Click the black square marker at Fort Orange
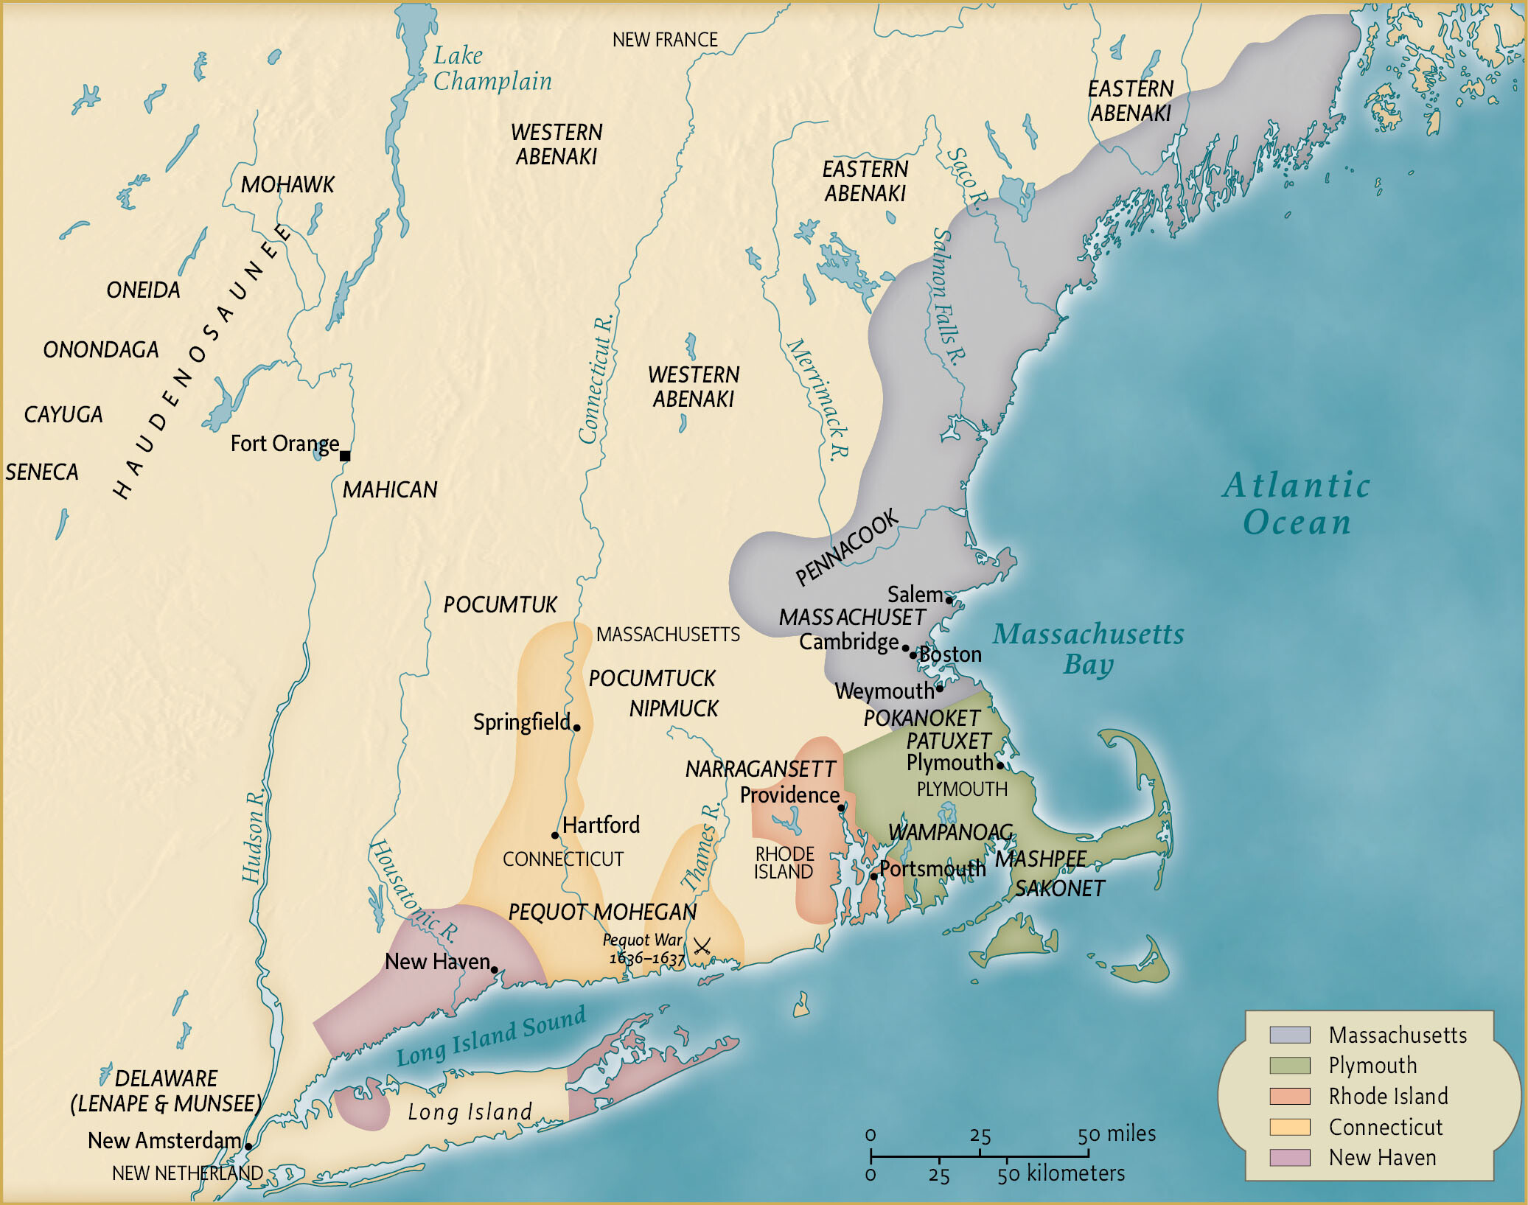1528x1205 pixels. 344,455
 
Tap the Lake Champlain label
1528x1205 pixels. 491,68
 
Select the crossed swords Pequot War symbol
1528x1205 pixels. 702,946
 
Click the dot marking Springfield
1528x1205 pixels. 576,727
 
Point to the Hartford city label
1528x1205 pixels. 600,825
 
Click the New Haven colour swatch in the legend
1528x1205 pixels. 1289,1157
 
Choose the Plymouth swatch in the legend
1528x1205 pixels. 1289,1066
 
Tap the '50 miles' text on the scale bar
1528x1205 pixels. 1116,1134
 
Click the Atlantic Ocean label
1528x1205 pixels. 1297,503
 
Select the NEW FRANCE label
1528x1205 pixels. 664,40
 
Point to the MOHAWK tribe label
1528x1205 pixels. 287,184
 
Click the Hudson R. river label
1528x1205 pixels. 254,837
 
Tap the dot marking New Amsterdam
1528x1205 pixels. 248,1146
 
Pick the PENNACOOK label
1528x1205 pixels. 847,547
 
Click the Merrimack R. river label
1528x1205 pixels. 818,399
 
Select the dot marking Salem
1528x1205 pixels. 949,600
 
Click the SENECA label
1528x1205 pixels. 41,472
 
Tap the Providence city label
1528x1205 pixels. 789,795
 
